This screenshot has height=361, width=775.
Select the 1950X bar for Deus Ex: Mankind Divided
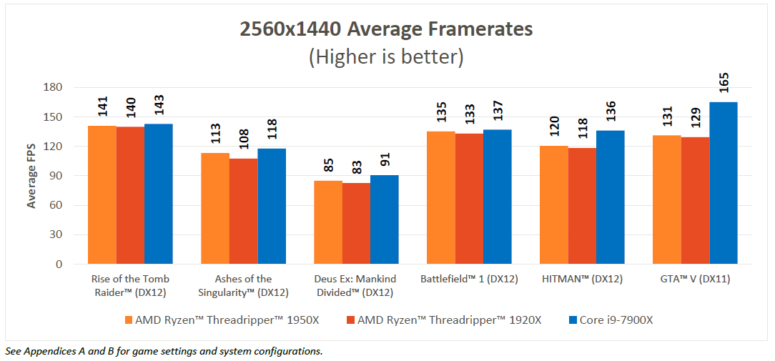tap(328, 222)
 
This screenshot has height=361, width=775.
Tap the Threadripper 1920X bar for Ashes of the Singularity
tap(243, 211)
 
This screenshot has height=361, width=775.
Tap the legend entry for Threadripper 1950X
tap(222, 320)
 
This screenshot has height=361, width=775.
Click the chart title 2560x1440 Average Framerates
tap(386, 29)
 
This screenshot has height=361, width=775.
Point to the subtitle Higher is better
tap(386, 56)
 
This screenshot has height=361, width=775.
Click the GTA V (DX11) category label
tap(695, 280)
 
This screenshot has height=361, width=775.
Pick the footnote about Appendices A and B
tap(164, 351)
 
